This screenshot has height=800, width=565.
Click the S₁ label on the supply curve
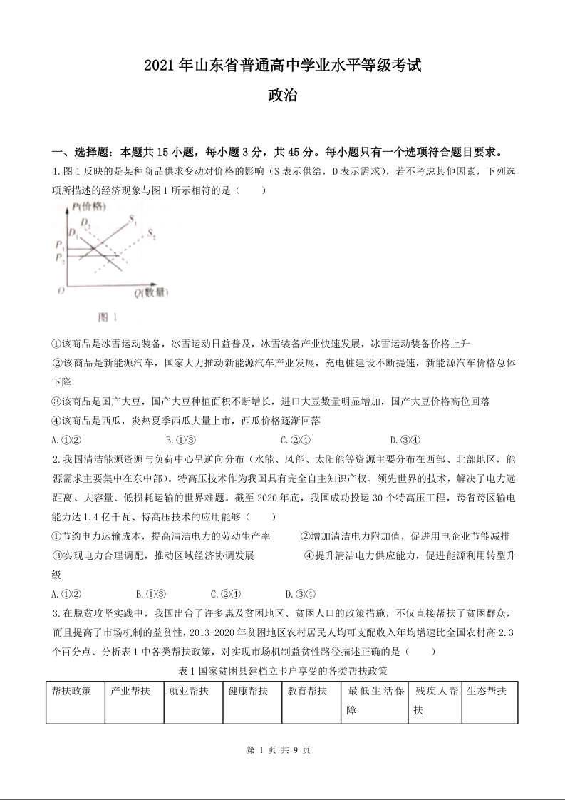point(133,221)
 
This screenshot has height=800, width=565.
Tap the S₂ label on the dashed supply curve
point(152,234)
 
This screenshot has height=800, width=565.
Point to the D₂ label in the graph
point(85,222)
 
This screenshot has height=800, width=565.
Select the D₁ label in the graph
point(71,233)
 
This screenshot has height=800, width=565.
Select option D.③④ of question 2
point(300,593)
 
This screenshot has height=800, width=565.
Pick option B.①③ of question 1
point(180,440)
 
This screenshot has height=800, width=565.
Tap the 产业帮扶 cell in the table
point(130,691)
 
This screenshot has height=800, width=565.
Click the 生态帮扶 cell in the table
point(487,691)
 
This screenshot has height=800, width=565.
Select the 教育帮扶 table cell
point(307,691)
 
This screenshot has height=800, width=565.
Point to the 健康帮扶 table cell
point(248,691)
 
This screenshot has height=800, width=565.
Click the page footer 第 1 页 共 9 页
point(282,750)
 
